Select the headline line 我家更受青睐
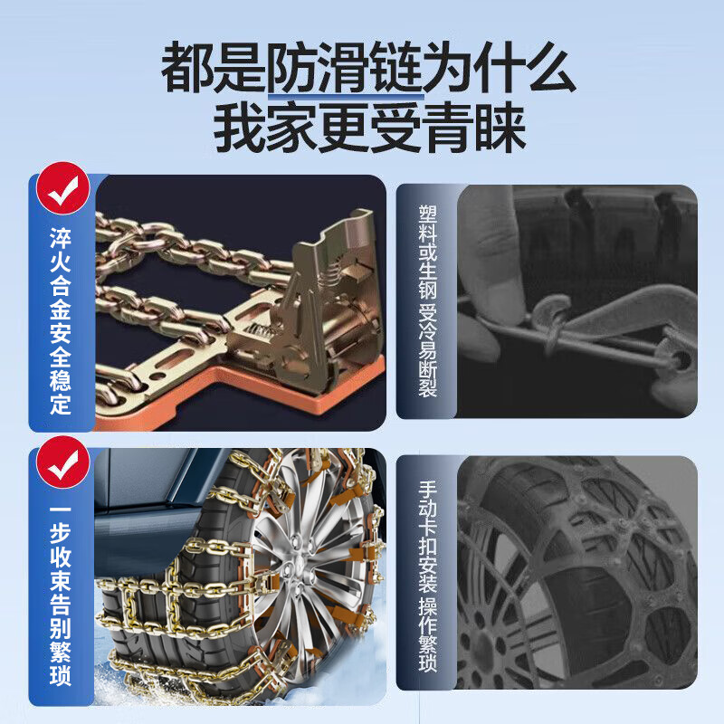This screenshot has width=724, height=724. click(369, 129)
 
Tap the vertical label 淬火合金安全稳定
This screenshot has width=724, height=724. click(61, 321)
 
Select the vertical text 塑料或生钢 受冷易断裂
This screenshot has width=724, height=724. click(427, 299)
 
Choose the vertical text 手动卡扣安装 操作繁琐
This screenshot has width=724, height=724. click(427, 575)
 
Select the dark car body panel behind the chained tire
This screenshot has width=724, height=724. click(145, 489)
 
